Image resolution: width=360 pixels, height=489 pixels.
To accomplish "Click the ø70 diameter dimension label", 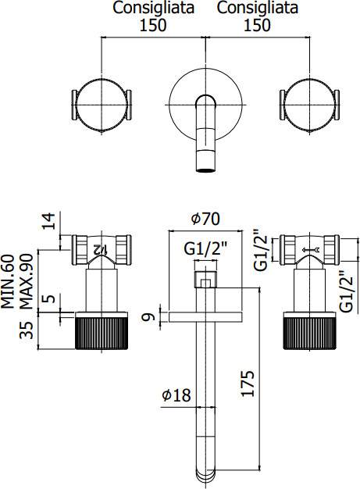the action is click(205, 219).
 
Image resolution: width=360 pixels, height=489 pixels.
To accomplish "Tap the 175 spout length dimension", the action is click(248, 384).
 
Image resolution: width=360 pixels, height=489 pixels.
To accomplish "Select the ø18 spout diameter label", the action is click(176, 395).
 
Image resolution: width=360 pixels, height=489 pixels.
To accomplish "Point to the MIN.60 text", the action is click(8, 281).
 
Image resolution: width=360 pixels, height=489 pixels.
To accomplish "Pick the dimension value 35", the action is click(27, 330).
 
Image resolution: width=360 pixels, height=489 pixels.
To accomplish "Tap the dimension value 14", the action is click(48, 221).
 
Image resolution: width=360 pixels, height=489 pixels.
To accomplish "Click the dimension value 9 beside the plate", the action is click(148, 317).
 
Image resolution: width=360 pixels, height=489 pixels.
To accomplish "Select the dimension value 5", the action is click(49, 298).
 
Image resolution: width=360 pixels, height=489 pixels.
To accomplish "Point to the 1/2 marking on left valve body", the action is click(100, 249).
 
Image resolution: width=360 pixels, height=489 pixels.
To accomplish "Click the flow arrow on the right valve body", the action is click(311, 249).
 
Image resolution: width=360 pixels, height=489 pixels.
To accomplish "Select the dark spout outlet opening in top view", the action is click(205, 170).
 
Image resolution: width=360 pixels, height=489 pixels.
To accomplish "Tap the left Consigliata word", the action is click(153, 8).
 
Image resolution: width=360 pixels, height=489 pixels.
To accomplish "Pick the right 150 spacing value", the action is click(257, 25).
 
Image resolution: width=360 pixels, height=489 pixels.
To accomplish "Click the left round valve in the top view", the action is click(102, 105).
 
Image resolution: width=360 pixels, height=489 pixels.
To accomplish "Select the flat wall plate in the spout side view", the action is click(205, 316).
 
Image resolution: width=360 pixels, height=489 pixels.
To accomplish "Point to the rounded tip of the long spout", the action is click(205, 476).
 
